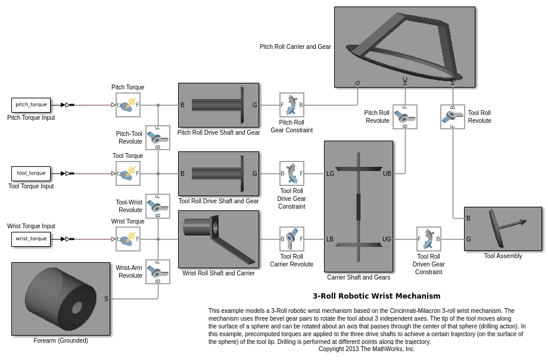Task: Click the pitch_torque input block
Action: [31, 105]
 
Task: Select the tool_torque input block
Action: [31, 173]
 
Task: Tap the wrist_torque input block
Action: [31, 239]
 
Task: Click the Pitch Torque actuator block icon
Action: [128, 105]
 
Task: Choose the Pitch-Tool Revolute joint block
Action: [158, 138]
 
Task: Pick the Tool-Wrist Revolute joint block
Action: [158, 206]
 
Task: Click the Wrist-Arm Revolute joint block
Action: [158, 272]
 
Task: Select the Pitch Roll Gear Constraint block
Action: [292, 105]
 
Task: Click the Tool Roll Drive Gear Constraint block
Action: [292, 173]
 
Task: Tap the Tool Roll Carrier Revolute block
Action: [292, 239]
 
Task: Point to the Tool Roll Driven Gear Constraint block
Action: [429, 239]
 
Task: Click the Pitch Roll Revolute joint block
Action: [405, 117]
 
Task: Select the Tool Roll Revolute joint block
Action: [453, 117]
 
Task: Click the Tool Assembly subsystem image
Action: [503, 228]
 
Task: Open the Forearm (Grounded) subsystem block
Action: [61, 299]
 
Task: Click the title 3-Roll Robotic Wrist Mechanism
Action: [376, 296]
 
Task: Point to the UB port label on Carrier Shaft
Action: [387, 174]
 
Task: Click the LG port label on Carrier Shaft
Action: [331, 174]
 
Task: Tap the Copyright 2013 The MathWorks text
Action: [366, 349]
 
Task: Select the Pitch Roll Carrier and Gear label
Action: [295, 46]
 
